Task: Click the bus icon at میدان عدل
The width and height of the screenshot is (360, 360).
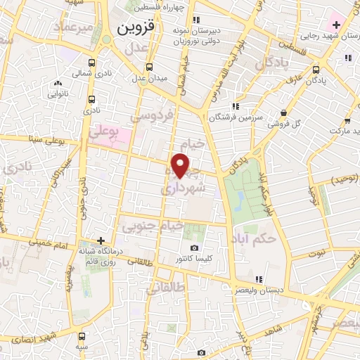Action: [x=148, y=67]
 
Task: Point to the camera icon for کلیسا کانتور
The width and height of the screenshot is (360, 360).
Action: [x=195, y=248]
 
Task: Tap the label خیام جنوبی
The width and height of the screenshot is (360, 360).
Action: [x=153, y=226]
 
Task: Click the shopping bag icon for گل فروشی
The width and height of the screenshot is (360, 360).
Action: [x=283, y=112]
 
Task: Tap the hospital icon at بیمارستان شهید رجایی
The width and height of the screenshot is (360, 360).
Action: [x=337, y=26]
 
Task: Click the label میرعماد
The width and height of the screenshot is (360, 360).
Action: [x=77, y=27]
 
